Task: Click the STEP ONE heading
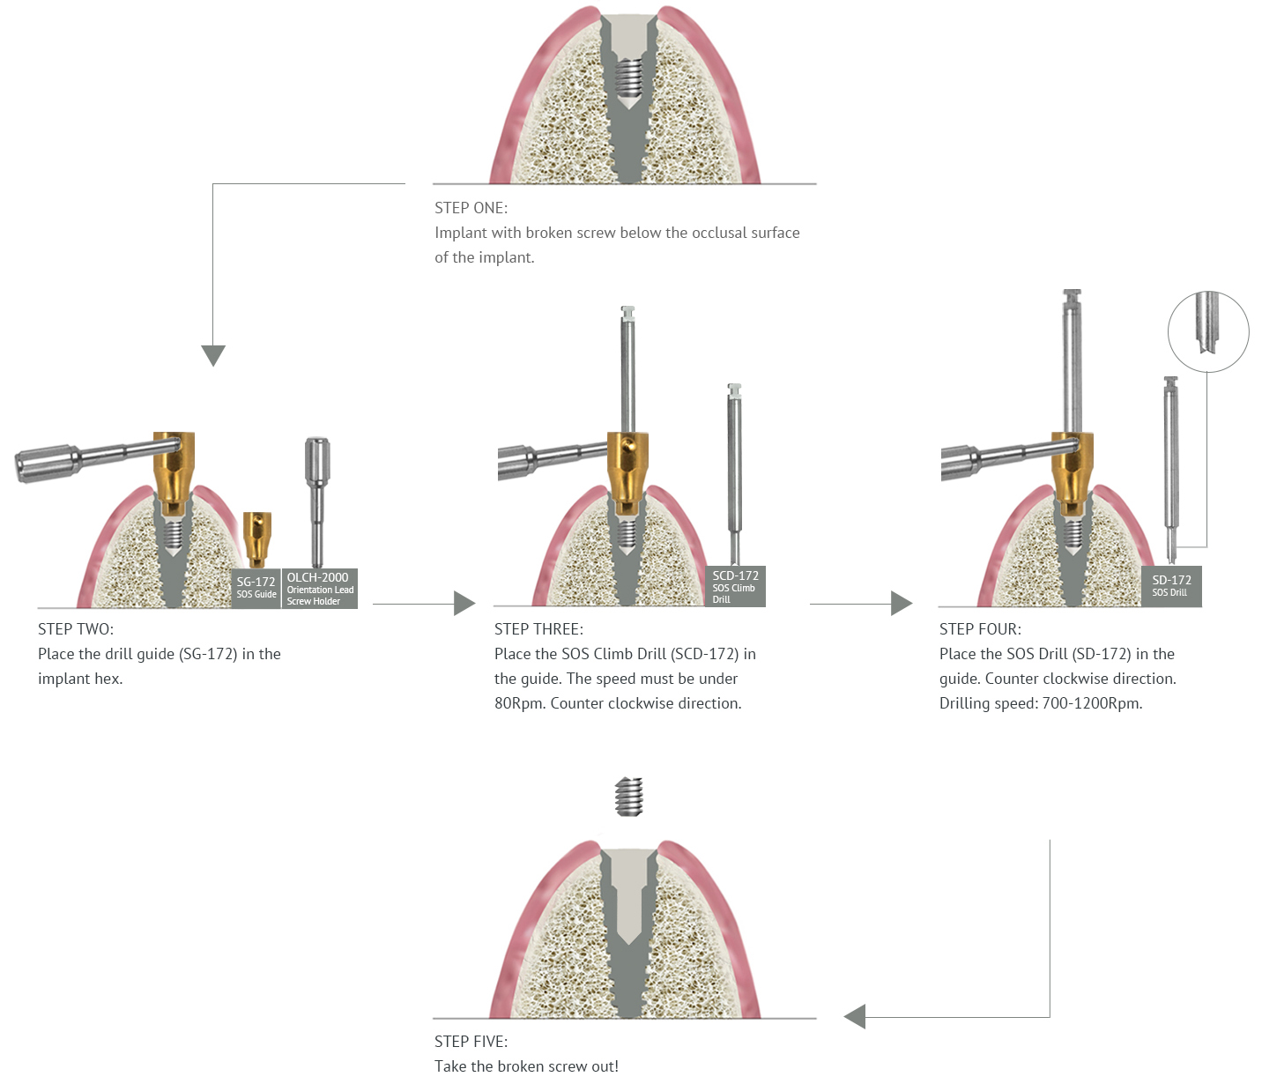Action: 471,208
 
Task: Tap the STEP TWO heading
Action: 76,629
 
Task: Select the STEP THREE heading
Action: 538,629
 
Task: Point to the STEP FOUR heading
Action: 980,629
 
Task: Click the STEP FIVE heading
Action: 471,1042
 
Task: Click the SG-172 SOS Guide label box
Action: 256,587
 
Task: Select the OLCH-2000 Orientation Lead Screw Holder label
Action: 319,589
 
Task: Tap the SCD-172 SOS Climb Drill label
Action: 735,586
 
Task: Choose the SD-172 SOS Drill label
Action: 1171,585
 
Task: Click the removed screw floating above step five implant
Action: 628,796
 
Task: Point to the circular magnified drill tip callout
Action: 1208,331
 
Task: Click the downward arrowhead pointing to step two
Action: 213,355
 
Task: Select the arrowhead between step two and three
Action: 464,604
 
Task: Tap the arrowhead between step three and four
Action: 901,604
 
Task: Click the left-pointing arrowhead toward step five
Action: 855,1016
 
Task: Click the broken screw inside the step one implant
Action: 627,78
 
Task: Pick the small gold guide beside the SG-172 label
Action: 256,538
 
